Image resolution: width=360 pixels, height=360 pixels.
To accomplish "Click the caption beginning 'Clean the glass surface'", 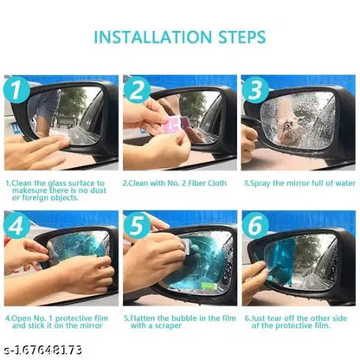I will coord(57,190).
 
